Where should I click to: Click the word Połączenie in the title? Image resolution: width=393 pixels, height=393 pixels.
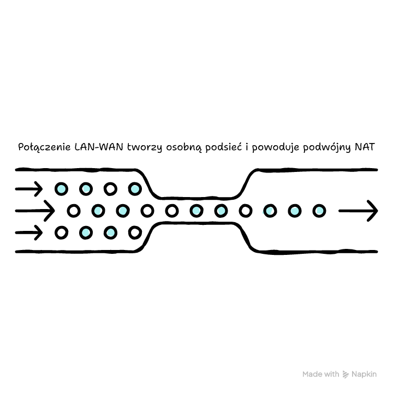pos(44,147)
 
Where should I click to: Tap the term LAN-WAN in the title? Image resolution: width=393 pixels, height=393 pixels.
pos(99,147)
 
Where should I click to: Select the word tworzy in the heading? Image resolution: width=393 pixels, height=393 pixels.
pos(145,147)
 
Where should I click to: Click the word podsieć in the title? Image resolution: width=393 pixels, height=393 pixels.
pos(224,147)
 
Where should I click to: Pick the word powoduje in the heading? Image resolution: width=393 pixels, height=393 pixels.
pos(276,147)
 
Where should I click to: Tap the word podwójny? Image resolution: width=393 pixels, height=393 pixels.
pos(327,147)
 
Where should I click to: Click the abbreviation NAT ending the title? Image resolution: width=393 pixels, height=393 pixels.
pos(365,147)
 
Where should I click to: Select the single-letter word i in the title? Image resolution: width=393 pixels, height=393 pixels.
pos(247,147)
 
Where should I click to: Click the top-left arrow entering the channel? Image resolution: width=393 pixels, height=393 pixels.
pos(29,189)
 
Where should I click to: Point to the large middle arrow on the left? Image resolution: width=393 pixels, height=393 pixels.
pos(35,211)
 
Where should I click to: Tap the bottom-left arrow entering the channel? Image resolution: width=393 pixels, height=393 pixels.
pos(29,233)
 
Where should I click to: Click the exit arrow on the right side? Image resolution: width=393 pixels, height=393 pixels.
pos(358,211)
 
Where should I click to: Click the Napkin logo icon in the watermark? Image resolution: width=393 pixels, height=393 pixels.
pos(346,374)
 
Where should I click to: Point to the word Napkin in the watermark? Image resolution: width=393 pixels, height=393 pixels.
pos(364,374)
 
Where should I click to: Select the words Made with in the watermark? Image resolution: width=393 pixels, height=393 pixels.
pos(321,374)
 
